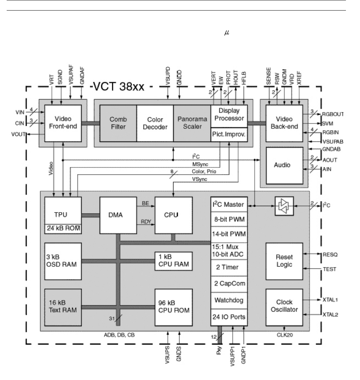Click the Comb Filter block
(118, 123)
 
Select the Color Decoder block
(155, 123)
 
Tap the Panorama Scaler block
(192, 123)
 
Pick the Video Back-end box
(284, 123)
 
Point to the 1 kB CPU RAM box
(174, 261)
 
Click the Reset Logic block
(284, 261)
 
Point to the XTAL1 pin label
(331, 300)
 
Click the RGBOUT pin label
(333, 114)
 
